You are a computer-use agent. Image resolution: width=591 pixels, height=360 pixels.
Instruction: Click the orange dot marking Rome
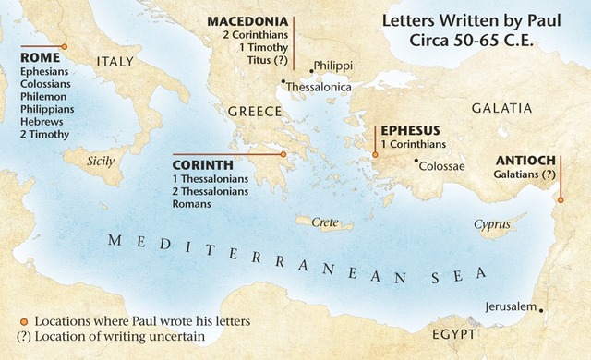[64, 46]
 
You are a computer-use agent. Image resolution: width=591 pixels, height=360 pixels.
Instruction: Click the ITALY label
[115, 62]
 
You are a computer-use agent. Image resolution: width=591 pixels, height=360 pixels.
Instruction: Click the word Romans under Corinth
[191, 203]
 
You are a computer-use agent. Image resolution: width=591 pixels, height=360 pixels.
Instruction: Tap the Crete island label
[323, 222]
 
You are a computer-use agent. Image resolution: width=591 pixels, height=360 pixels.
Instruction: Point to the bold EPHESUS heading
[412, 130]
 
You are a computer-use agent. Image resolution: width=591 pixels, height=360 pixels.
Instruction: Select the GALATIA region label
[502, 108]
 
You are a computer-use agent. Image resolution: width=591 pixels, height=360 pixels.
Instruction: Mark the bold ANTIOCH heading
[525, 159]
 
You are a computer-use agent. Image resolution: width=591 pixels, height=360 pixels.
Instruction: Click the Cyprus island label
[491, 224]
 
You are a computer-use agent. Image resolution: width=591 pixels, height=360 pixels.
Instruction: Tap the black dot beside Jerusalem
[541, 310]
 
